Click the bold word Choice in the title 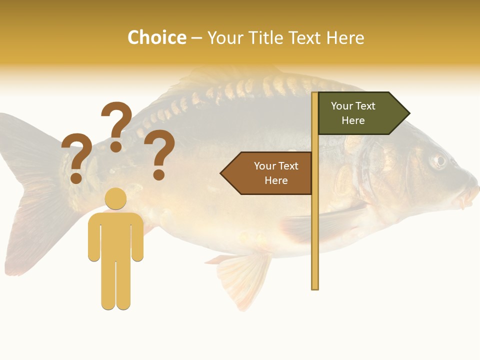click(156, 37)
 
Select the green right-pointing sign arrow click(362, 113)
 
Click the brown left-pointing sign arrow click(267, 173)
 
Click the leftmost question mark click(76, 157)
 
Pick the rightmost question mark click(159, 154)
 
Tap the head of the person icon click(115, 198)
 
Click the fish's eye click(439, 160)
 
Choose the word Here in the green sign click(353, 120)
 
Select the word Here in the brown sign click(276, 180)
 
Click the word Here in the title click(345, 37)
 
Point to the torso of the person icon click(116, 235)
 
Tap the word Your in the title click(224, 37)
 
